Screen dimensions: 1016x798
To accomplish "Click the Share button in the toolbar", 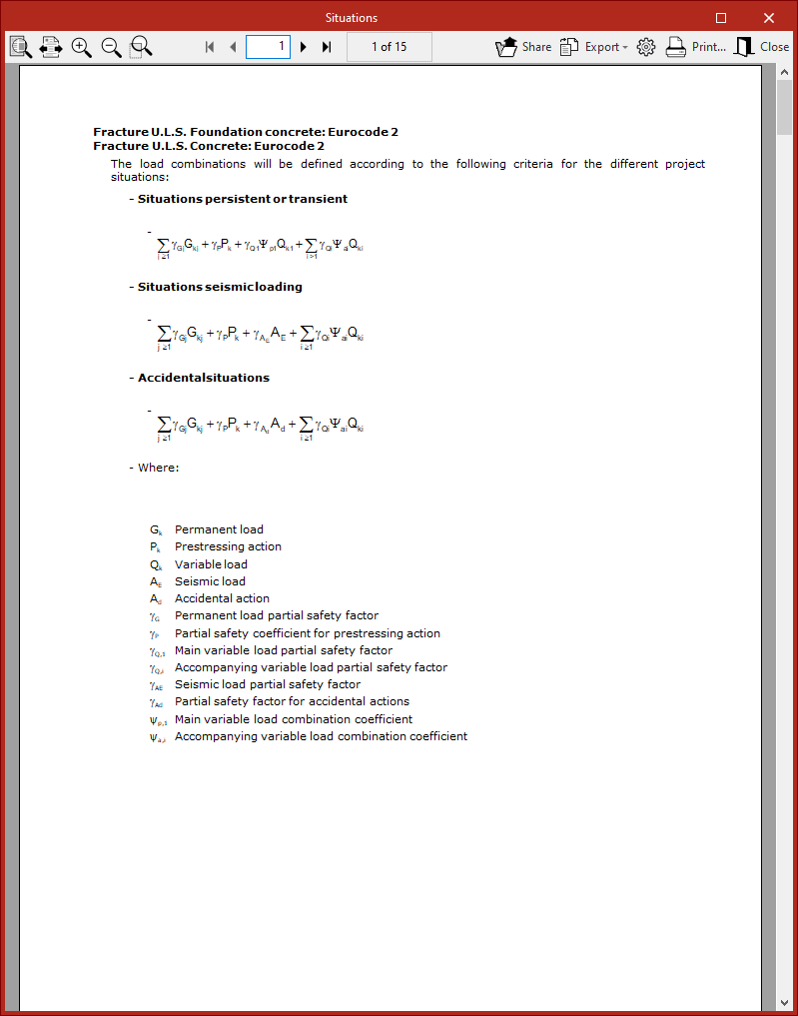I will point(523,47).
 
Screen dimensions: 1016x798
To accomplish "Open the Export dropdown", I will point(593,47).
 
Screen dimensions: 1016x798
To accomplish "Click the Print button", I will point(696,47).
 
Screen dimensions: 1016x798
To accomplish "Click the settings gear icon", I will point(645,47).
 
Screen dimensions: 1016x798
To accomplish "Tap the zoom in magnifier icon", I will point(82,47).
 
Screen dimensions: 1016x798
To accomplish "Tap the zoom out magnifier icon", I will point(111,47).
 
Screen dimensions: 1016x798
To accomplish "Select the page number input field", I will point(268,47).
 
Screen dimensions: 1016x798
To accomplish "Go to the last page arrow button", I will point(327,47).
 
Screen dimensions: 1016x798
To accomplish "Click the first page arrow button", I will point(210,47).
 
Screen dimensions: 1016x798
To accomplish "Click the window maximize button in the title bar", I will point(721,18).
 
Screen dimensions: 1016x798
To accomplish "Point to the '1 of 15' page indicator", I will point(389,47).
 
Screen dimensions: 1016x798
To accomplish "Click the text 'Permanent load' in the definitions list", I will point(219,529).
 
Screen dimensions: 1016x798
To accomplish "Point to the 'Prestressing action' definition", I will point(228,546).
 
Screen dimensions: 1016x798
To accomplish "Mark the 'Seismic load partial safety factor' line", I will point(268,684).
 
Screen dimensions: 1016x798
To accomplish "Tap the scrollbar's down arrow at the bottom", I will point(785,1001).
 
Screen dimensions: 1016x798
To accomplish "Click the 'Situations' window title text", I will point(352,18).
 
